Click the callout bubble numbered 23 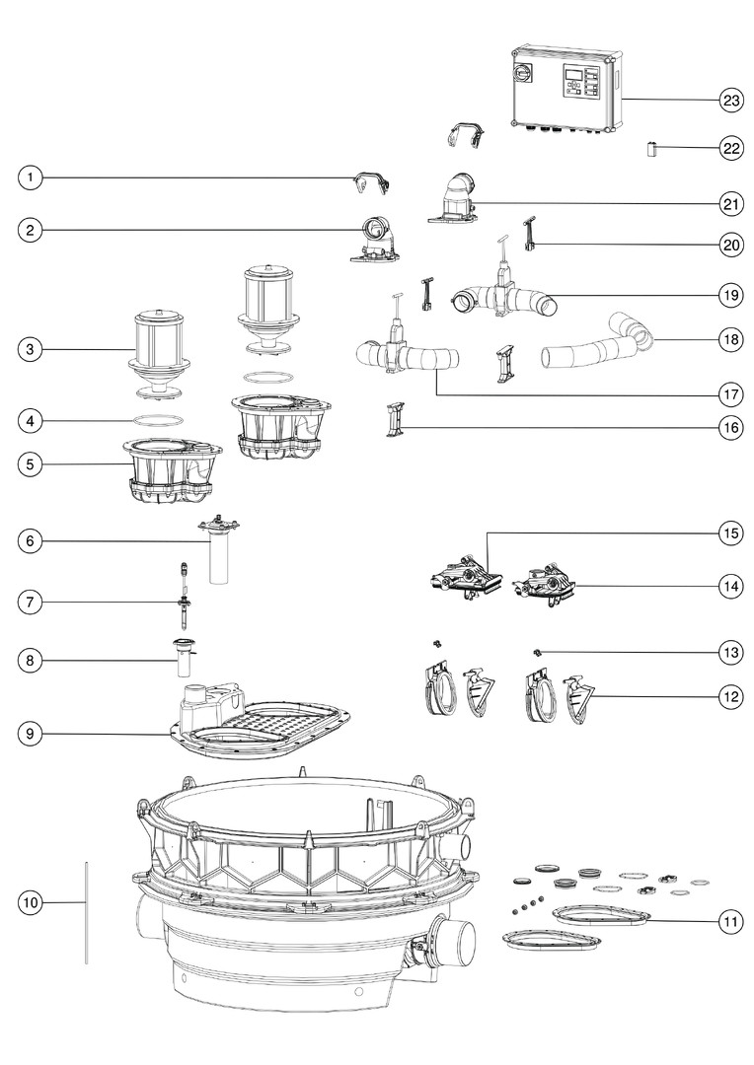coord(730,100)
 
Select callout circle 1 coord(31,177)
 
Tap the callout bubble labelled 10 coord(31,901)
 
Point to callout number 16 coord(730,428)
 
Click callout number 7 coord(31,601)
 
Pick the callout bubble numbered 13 coord(730,652)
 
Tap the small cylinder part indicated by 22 coord(651,149)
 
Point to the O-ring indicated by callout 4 coord(157,420)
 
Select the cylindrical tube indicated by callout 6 coord(219,557)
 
